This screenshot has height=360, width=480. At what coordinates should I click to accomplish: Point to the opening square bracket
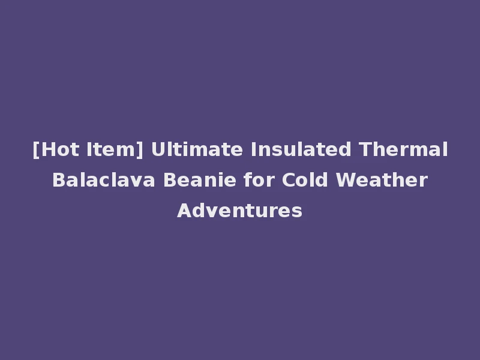tap(35, 150)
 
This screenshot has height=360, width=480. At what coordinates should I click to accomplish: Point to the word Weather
tap(382, 180)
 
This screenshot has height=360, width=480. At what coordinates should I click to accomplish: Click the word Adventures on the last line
tap(240, 211)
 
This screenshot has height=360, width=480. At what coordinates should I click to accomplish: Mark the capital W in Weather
tap(344, 180)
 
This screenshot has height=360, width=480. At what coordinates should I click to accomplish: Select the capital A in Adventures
tap(183, 211)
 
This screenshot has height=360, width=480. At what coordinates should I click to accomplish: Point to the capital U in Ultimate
tap(157, 149)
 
